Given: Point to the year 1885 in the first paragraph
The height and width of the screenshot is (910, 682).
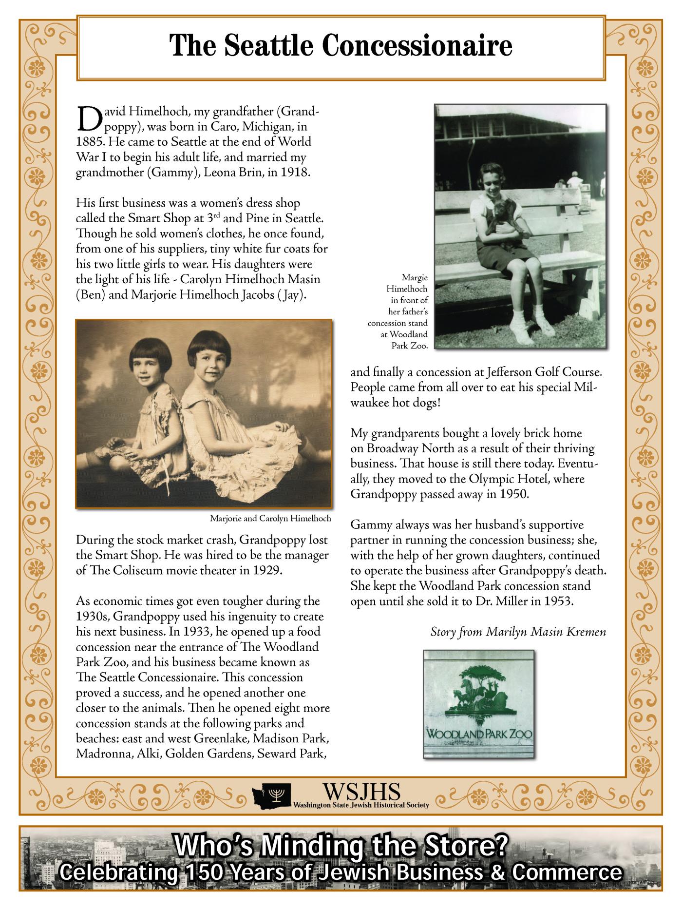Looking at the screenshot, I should click(x=90, y=142).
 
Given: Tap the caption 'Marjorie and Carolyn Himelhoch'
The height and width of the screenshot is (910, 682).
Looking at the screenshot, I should click(x=270, y=518).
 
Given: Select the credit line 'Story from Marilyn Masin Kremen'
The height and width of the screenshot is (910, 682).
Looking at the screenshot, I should click(x=518, y=632).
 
